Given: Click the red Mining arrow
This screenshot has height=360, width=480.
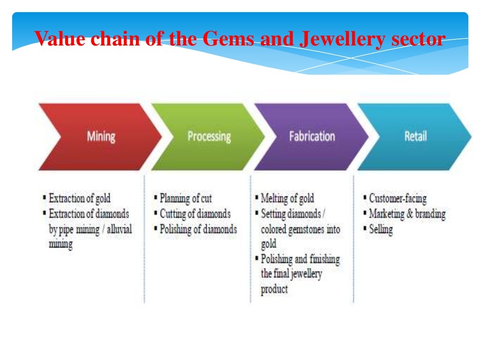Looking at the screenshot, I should (x=101, y=137).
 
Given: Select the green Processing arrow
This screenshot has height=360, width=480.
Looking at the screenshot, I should (x=209, y=137).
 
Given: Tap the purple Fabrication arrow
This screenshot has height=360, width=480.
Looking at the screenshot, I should (x=312, y=137).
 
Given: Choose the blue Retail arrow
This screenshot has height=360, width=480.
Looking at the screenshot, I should (x=415, y=137).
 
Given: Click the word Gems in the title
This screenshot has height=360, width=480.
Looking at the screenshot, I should (x=225, y=38).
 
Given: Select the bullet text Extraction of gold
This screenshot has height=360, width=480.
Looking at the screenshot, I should (x=80, y=198).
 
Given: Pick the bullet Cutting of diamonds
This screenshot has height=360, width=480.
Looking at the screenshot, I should (x=195, y=214).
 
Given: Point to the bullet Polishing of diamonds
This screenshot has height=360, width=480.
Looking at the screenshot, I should (x=198, y=229).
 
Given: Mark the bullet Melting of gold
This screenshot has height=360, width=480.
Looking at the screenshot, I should (x=287, y=198).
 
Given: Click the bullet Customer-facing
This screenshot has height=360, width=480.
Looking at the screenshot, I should (x=397, y=198).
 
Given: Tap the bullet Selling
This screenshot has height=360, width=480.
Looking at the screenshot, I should (x=381, y=229).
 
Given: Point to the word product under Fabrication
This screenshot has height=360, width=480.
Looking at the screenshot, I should (x=274, y=289).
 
